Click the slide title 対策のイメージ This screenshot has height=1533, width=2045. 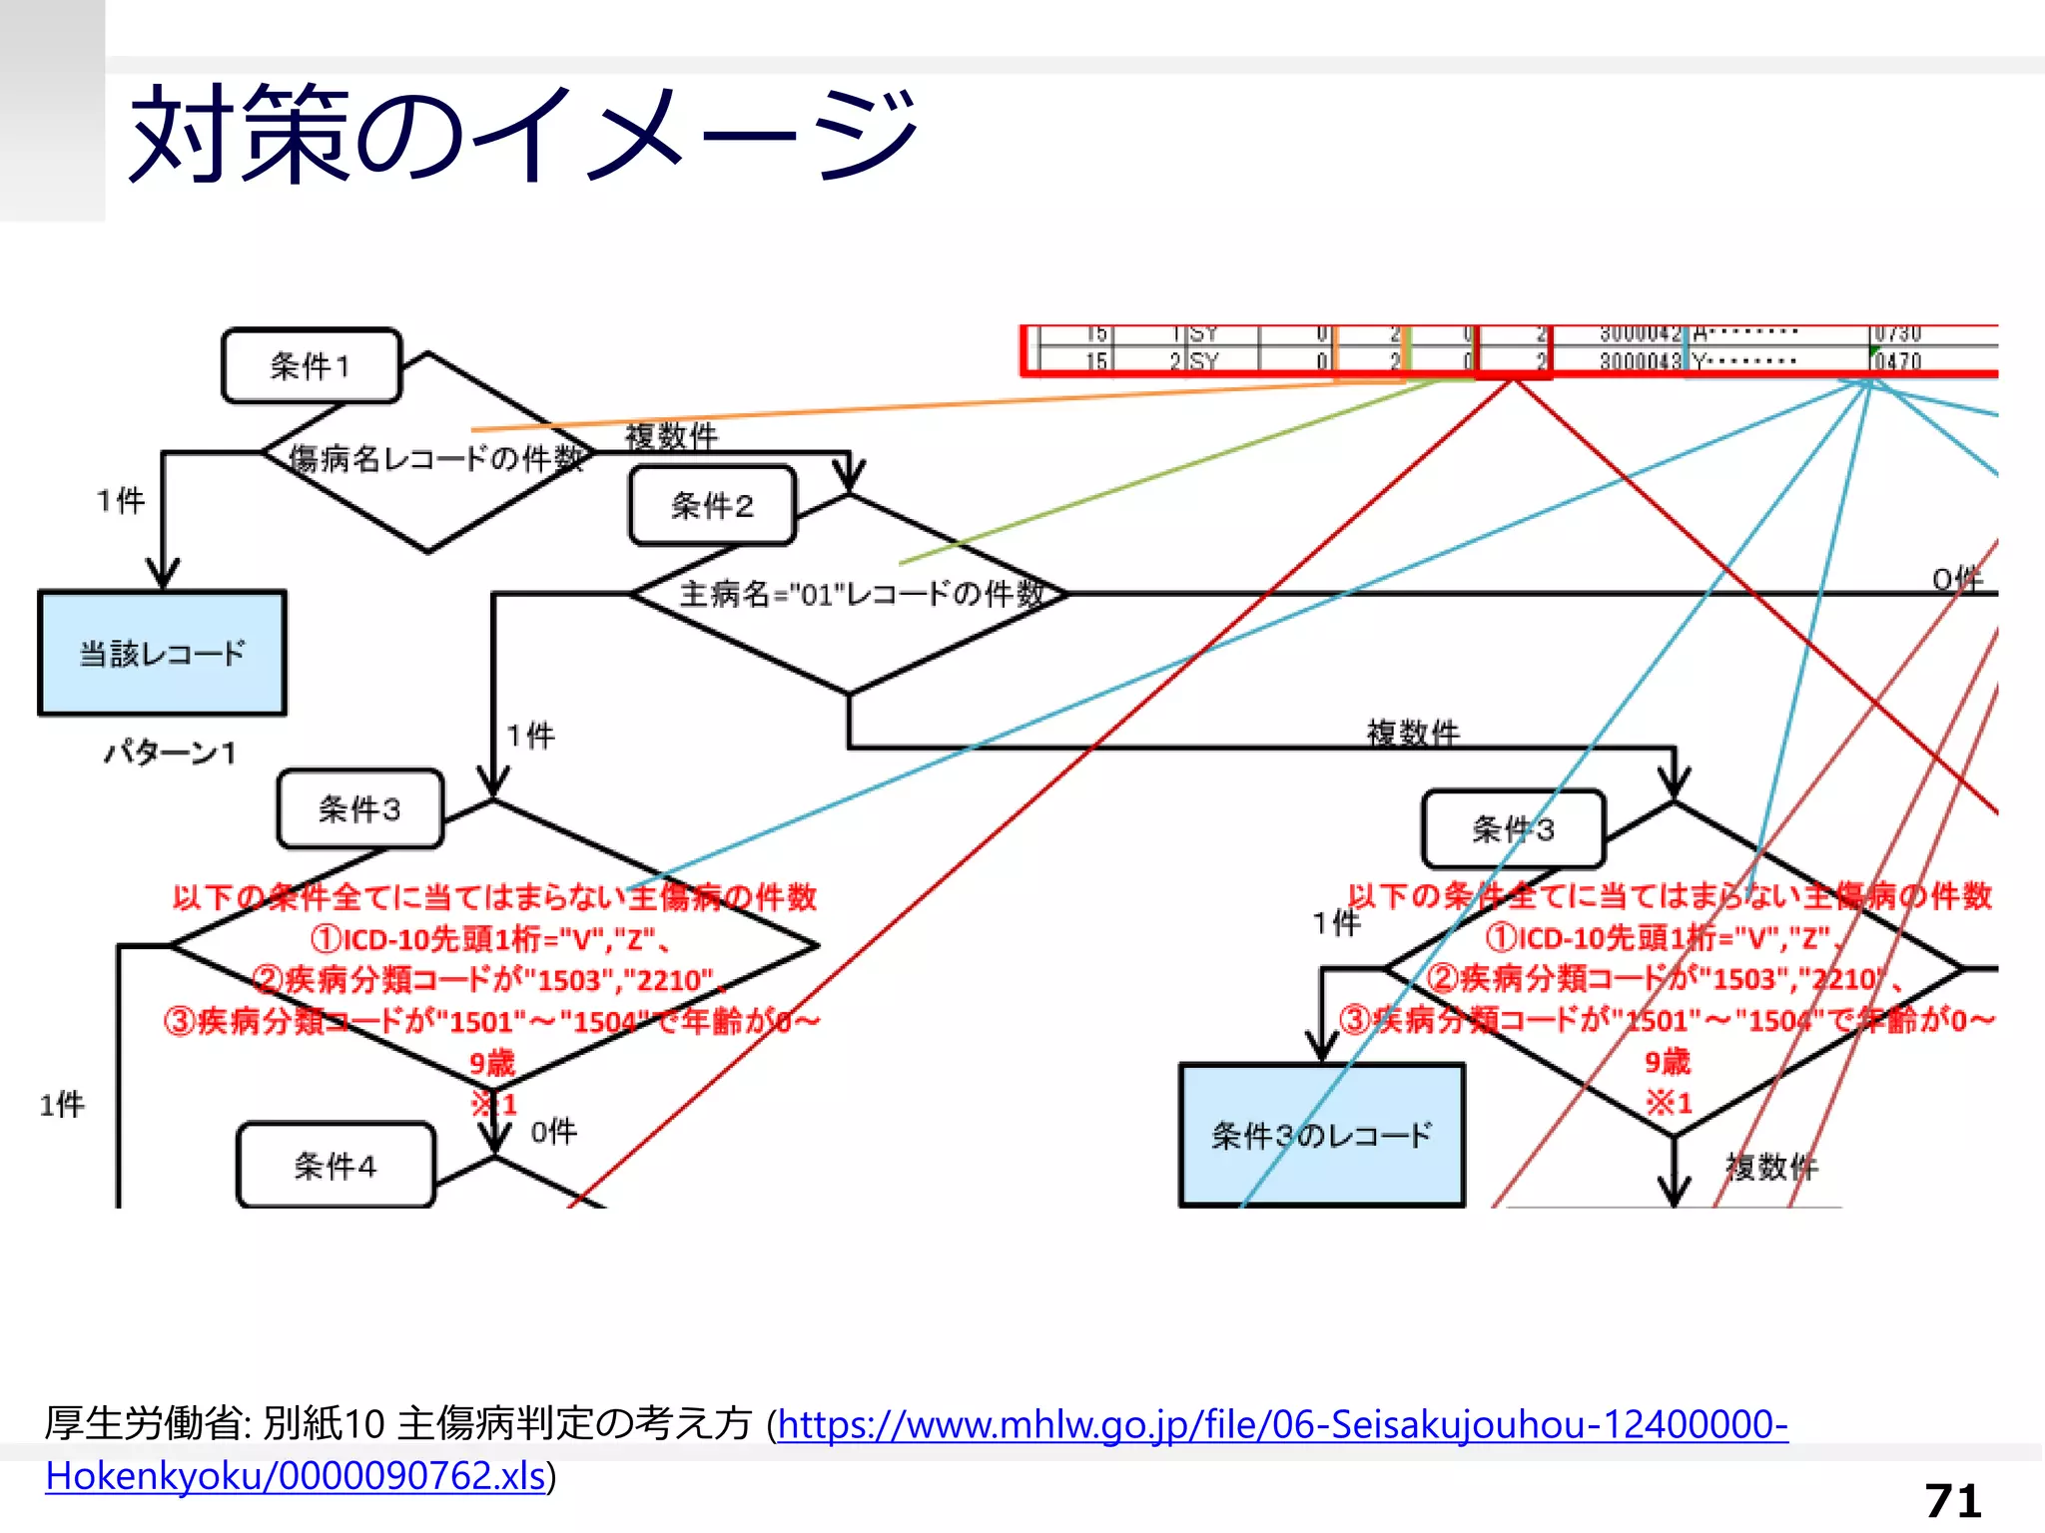[523, 134]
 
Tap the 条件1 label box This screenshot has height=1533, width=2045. [312, 366]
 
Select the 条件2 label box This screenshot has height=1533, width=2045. [712, 506]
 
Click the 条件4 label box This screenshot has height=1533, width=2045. [336, 1166]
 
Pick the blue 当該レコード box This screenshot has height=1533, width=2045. [163, 654]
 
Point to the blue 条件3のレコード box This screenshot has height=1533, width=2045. [1321, 1135]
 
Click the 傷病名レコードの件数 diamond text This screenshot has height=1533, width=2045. [435, 458]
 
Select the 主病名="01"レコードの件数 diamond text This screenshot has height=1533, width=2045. [862, 594]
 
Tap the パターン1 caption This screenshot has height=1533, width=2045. [171, 753]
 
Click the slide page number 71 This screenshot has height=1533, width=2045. [1953, 1500]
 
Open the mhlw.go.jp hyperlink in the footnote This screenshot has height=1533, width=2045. [1282, 1424]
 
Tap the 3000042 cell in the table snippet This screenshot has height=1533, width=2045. [1641, 333]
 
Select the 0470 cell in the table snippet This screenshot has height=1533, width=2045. [1897, 360]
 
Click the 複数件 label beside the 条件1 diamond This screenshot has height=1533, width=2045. [671, 436]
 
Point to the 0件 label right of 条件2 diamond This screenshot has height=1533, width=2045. [1956, 579]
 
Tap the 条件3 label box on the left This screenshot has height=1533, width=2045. [359, 808]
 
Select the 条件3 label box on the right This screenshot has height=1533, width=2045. [1513, 828]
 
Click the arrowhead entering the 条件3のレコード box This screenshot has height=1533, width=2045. [1322, 1048]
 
